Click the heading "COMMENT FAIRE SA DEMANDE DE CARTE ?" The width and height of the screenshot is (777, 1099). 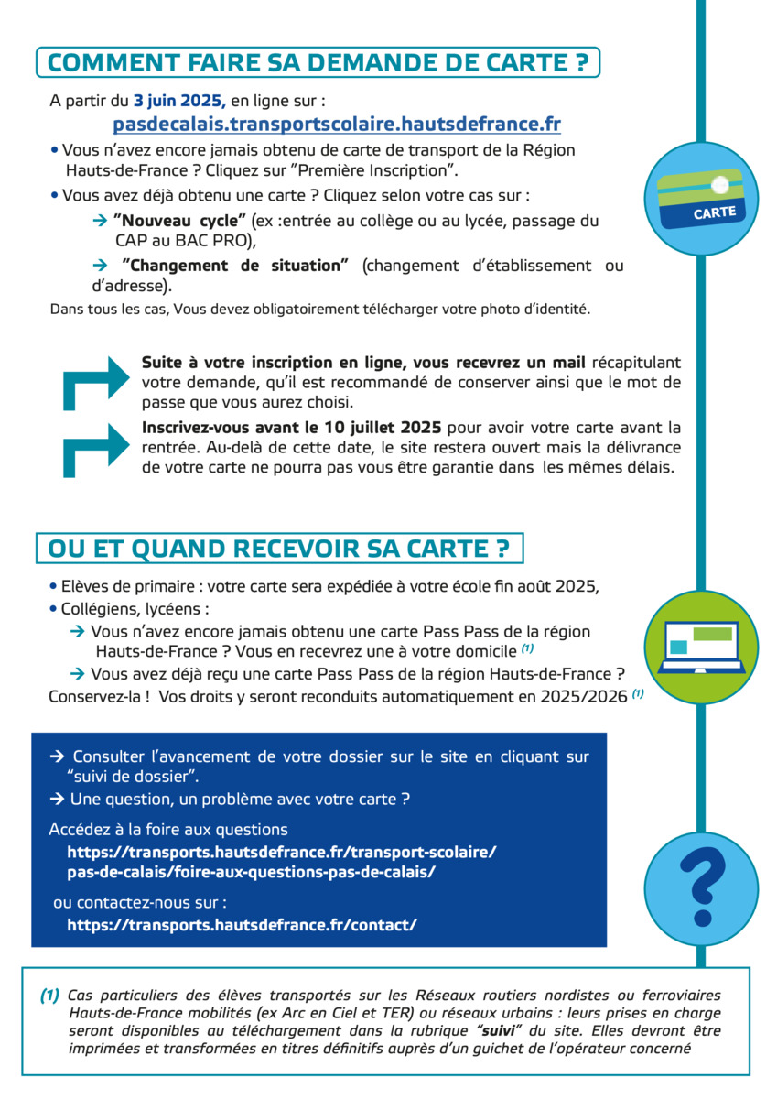point(317,62)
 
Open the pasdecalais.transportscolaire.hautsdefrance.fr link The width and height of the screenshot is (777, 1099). point(337,124)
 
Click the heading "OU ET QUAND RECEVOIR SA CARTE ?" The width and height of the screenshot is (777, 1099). point(278,549)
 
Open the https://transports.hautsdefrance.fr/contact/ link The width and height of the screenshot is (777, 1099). point(242,925)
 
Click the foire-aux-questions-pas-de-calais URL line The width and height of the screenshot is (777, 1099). point(251,872)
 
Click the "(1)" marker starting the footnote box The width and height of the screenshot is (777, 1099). point(49,996)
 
